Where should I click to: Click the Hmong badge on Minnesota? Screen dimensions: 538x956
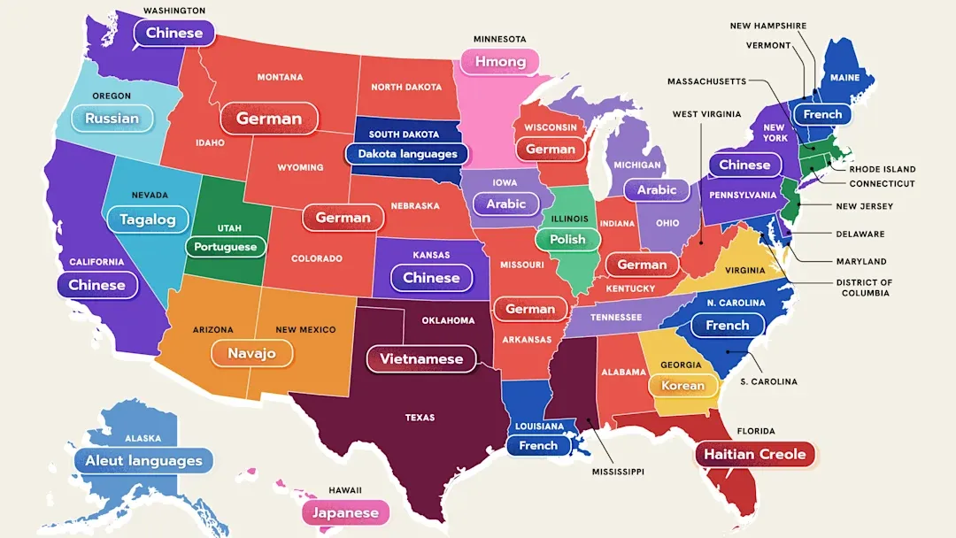click(500, 62)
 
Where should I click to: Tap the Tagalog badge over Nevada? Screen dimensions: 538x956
click(147, 219)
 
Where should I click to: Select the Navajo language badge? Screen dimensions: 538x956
click(251, 353)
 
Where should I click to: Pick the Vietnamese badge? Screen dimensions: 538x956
click(421, 359)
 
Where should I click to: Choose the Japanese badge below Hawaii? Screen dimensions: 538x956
click(345, 512)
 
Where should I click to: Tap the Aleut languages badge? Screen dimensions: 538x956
click(143, 460)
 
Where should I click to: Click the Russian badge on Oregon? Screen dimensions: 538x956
click(112, 118)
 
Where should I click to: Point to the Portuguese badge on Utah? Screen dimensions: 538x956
click(225, 247)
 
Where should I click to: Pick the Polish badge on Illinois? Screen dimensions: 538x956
click(567, 239)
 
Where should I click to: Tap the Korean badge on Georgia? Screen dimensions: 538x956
click(683, 385)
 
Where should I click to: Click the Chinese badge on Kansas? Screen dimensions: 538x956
click(431, 278)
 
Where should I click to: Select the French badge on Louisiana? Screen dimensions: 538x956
click(538, 446)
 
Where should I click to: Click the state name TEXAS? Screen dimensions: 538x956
click(420, 418)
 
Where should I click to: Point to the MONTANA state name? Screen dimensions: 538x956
click(280, 77)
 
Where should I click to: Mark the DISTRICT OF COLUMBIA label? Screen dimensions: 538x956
click(865, 288)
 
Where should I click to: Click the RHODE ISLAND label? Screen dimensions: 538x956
click(882, 169)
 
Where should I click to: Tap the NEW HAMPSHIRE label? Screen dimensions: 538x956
click(767, 26)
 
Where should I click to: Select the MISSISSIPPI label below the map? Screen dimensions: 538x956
click(618, 473)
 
